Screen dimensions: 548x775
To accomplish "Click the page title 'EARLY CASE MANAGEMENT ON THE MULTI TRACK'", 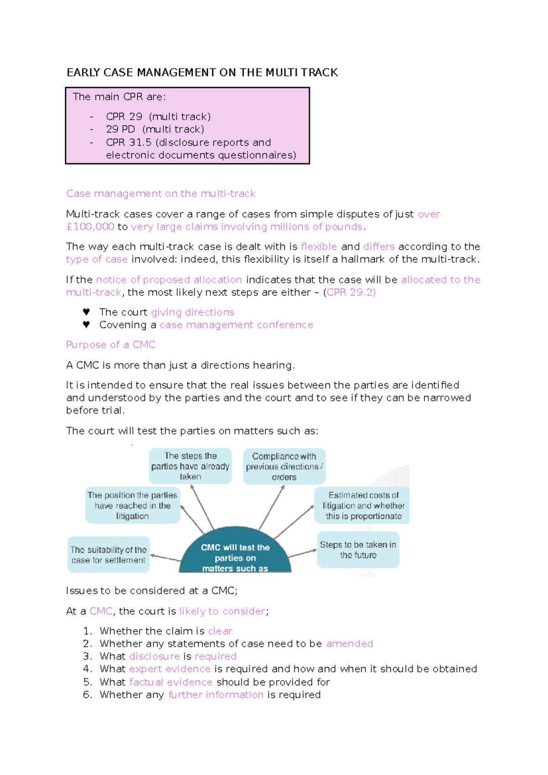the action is coord(202,73).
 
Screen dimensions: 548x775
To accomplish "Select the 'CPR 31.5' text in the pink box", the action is coord(128,143).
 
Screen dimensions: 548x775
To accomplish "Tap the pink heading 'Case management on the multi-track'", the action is coord(161,194).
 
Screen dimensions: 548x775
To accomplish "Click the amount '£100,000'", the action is coord(90,227).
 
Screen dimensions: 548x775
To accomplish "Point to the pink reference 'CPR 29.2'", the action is coord(350,292).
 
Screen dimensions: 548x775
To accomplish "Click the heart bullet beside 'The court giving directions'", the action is coord(86,312).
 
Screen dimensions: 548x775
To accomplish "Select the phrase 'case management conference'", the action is coord(236,325).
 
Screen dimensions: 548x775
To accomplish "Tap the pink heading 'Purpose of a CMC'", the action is coord(111,345).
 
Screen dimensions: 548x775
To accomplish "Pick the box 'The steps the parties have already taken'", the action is coord(190,466).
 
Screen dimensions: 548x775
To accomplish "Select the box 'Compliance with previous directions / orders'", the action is coord(284,467).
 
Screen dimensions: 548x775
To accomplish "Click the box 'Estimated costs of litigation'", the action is coord(363,505).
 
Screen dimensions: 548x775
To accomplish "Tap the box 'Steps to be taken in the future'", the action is coord(358,550).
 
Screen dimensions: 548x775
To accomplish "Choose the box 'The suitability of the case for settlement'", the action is coord(108,555).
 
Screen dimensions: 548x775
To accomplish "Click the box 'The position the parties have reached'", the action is coord(132,505).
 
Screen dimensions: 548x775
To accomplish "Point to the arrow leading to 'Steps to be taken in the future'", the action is coord(302,553).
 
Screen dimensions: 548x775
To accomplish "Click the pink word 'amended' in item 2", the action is coord(349,644).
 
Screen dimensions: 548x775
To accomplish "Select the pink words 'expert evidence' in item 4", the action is coord(170,669).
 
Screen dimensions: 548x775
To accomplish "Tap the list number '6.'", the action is coord(88,695).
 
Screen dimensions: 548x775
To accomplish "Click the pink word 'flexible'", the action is coord(319,247).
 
